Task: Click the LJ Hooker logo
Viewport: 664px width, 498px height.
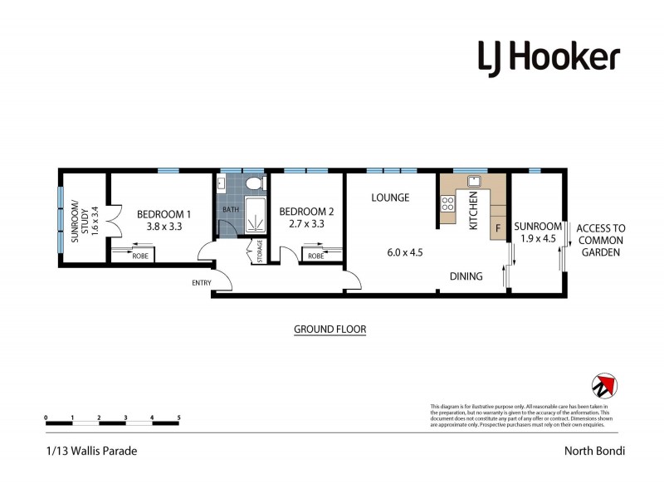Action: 548,57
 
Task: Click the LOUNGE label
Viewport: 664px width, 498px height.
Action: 390,198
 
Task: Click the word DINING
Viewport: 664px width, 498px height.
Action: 466,276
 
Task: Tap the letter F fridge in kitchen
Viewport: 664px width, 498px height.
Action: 498,227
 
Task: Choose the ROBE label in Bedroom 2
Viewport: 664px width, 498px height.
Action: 315,256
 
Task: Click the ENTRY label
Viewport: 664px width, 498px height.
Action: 201,283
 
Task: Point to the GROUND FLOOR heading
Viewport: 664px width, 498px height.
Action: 330,330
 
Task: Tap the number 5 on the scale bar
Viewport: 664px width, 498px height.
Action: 178,417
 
